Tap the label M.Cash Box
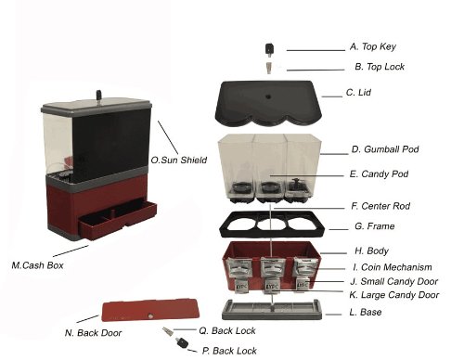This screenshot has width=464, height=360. [34, 266]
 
